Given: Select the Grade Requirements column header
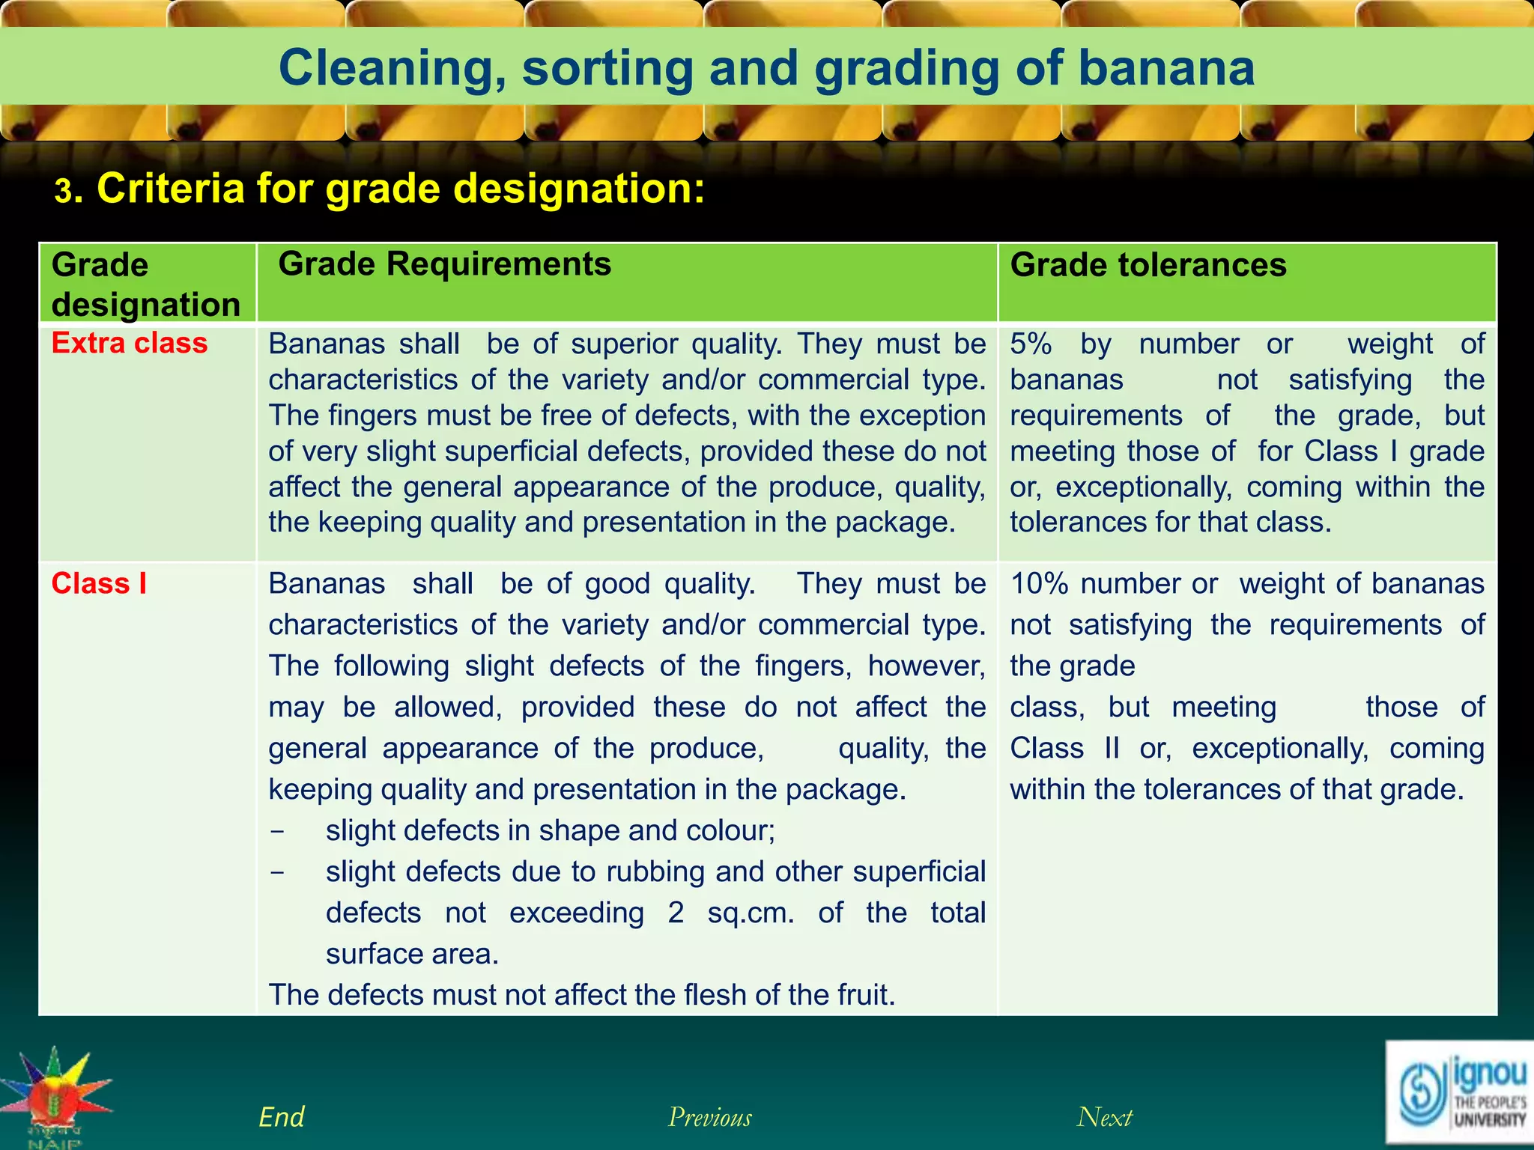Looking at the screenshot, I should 444,264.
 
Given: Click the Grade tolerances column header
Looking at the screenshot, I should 1148,265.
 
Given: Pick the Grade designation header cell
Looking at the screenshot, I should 146,285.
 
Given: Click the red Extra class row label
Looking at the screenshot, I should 129,343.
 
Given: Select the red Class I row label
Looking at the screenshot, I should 99,583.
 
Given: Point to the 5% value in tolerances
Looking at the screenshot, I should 1031,344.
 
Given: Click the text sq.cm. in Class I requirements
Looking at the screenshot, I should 751,913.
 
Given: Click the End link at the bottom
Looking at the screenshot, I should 281,1117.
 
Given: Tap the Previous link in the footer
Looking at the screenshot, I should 709,1117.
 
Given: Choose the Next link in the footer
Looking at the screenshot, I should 1104,1117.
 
